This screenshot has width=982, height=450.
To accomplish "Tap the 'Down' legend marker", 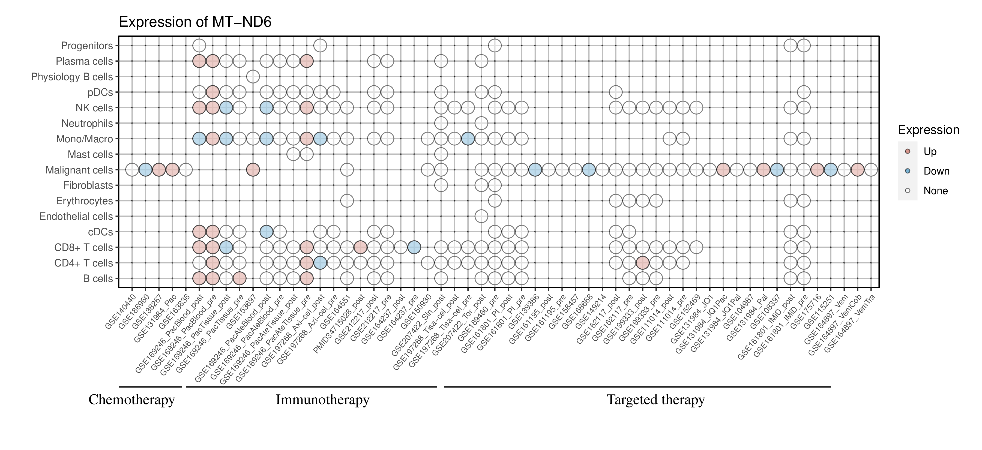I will pos(908,171).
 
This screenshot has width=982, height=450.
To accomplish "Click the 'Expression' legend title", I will pos(928,130).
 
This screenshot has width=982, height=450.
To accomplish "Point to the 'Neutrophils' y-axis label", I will pos(87,124).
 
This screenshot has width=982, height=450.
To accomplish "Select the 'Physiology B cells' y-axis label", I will pos(72,77).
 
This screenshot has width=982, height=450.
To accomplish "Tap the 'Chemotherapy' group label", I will pos(131,400).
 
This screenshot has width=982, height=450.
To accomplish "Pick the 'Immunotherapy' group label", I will pos(322,400).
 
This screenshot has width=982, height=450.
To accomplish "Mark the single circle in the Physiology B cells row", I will pos(253,77).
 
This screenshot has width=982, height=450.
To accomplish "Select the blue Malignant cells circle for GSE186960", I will pos(145,170).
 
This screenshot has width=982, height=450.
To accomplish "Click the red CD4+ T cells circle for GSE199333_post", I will pos(642,263).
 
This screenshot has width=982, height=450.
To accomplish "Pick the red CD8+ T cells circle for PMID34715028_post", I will pos(360,248).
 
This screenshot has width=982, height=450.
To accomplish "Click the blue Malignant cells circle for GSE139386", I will pos(535,170).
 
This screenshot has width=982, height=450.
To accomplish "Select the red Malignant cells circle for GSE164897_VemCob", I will pos(857,170).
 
